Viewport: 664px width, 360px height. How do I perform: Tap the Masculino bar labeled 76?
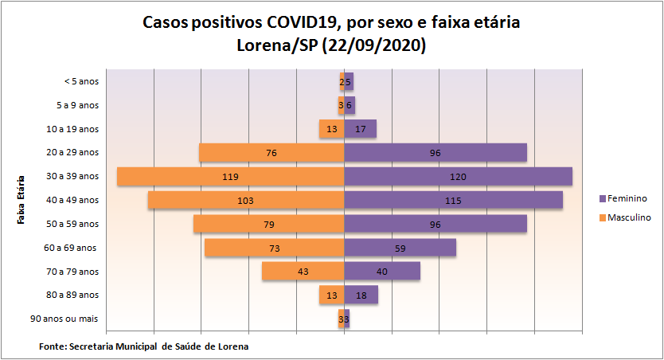click(x=239, y=152)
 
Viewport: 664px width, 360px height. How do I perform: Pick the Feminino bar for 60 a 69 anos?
click(x=422, y=248)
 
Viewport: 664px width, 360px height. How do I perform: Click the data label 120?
click(x=458, y=176)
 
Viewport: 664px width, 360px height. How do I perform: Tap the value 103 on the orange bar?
click(x=246, y=201)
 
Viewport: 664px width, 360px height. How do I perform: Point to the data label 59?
click(x=400, y=248)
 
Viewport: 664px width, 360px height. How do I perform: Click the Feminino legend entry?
click(x=626, y=198)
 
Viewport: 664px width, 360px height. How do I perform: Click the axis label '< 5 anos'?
click(x=81, y=81)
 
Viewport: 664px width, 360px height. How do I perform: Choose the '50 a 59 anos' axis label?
click(x=72, y=224)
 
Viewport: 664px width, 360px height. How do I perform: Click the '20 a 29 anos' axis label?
click(x=72, y=152)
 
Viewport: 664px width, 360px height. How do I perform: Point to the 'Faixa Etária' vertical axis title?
click(x=21, y=199)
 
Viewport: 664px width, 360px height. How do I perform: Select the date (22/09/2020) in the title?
click(x=374, y=45)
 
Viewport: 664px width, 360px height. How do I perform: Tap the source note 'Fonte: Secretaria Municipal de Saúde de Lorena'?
click(x=143, y=346)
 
